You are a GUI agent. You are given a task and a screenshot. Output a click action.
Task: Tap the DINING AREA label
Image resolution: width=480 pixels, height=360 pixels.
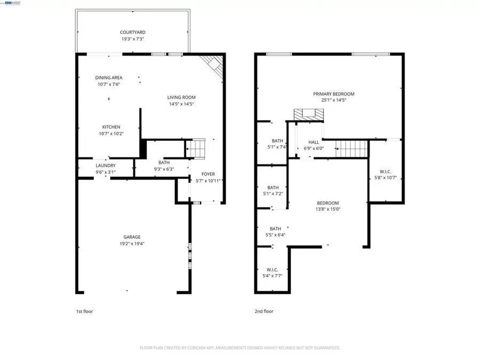coord(109,78)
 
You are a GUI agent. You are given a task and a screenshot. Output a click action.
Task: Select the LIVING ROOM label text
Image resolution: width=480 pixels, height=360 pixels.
coord(181,97)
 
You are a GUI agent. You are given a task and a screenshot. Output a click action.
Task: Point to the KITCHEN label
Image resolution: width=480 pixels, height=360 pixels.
coord(111,127)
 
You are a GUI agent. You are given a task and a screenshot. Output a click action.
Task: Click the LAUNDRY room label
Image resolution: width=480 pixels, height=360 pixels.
coord(105,165)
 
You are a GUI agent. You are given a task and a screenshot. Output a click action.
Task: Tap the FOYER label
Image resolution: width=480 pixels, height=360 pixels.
coord(208,174)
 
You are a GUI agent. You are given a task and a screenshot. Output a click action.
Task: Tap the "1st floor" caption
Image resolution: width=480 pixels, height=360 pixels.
coord(84,311)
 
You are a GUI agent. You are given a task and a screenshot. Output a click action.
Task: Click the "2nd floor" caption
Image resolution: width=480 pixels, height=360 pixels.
coord(263,311)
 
